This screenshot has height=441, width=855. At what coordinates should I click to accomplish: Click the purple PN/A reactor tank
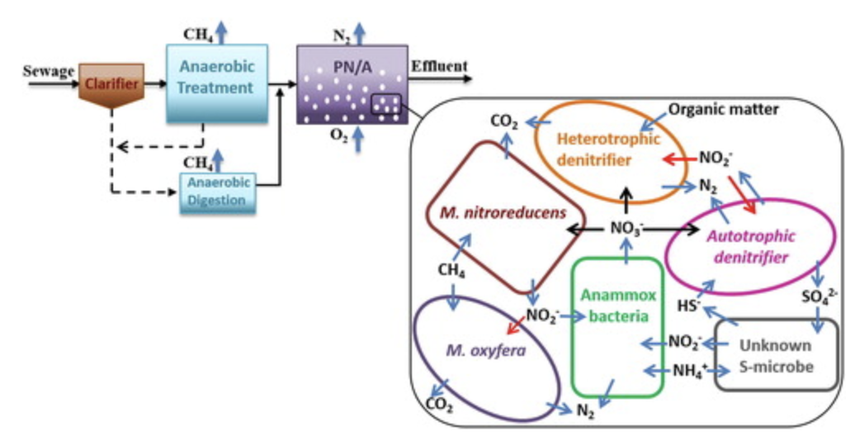pyautogui.click(x=352, y=84)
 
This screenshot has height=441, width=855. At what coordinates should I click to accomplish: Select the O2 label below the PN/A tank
pyautogui.click(x=338, y=137)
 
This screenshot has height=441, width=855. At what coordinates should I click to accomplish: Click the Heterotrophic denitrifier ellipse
pyautogui.click(x=600, y=152)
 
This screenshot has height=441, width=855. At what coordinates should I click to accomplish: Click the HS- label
pyautogui.click(x=690, y=305)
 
